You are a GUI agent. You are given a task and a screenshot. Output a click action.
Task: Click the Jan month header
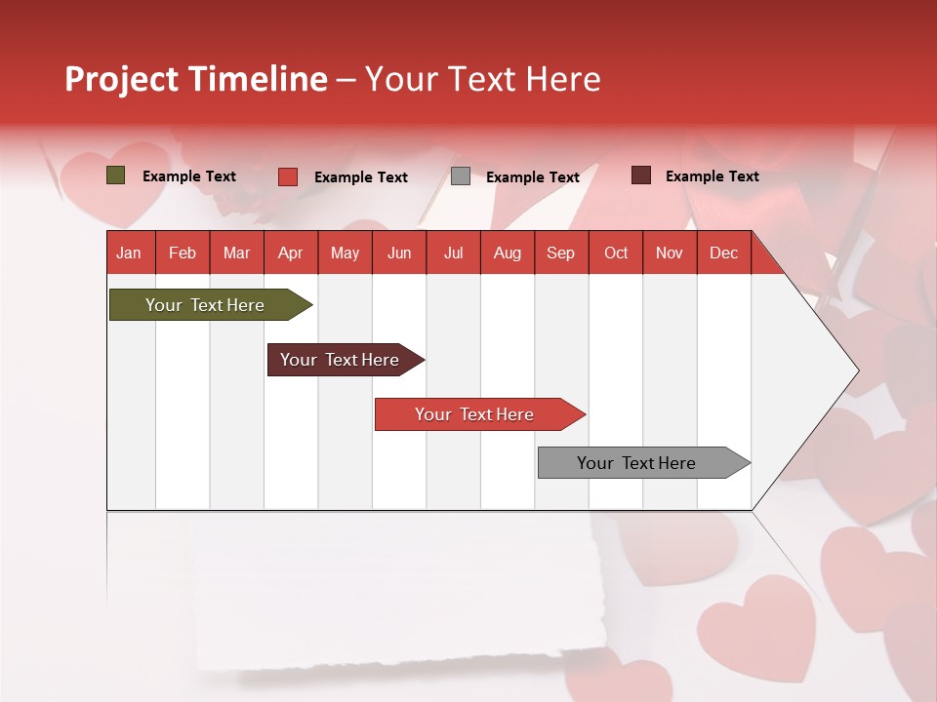129,253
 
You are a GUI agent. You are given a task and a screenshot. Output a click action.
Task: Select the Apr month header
291,253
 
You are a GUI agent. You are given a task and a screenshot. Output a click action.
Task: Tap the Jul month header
453,253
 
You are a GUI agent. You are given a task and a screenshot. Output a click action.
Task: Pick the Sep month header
560,253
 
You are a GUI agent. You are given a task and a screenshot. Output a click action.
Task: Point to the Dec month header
723,253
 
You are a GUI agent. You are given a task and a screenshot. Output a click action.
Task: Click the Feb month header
183,253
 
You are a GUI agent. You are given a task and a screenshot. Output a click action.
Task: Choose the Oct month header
616,253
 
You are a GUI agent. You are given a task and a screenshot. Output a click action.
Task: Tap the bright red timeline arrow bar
475,414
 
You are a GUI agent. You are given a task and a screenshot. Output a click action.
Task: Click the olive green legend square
115,175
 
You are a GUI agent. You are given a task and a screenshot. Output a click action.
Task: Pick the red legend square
288,176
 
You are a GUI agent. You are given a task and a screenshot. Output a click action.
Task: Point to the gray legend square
461,176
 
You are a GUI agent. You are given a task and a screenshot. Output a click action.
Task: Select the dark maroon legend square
640,175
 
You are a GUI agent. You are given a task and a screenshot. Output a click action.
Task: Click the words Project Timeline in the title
196,79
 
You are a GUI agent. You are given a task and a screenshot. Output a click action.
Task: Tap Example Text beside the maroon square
712,176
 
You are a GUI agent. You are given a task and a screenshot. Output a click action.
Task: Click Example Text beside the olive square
189,176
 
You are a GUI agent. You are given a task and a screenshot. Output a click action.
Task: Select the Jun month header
399,253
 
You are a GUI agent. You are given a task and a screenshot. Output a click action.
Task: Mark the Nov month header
670,253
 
